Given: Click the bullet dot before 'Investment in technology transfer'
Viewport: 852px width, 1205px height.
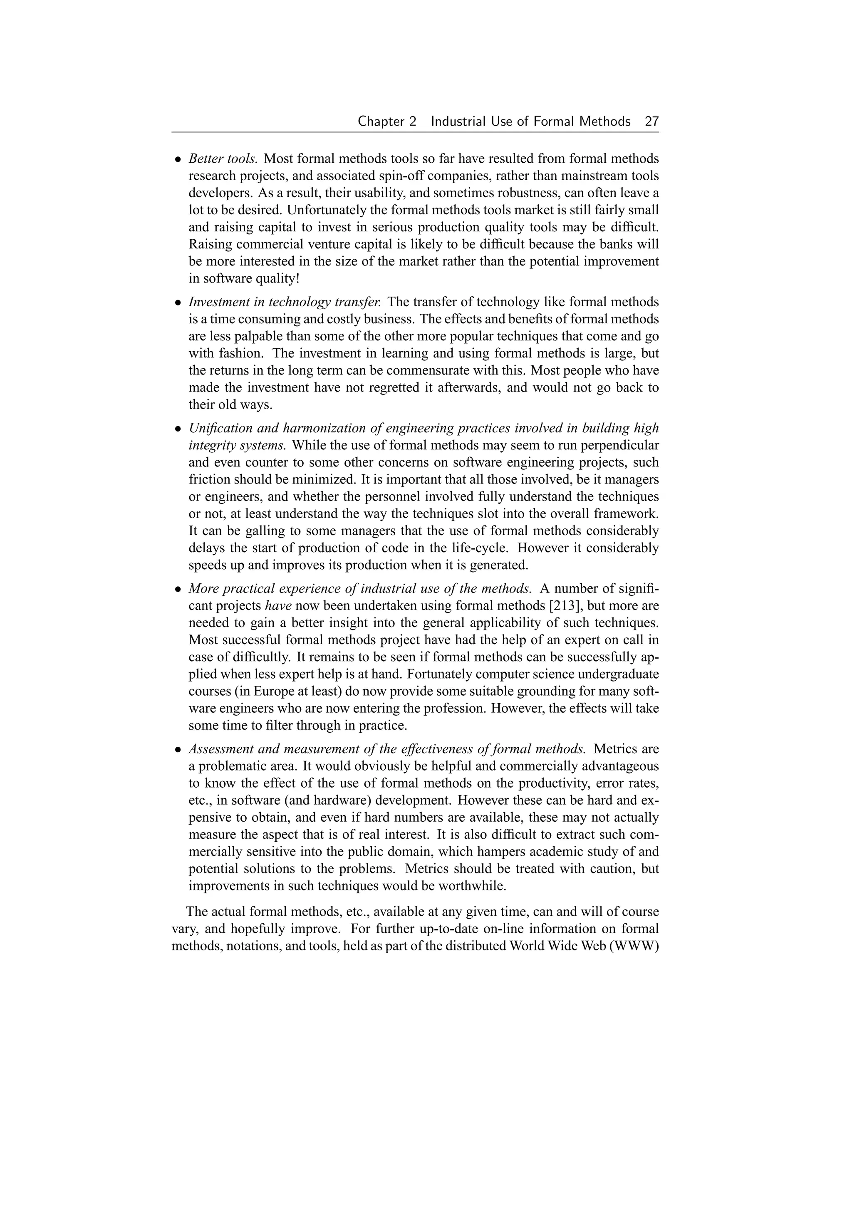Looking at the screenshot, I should click(x=178, y=303).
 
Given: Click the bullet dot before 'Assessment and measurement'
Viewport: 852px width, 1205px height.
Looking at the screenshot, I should click(x=178, y=749).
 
